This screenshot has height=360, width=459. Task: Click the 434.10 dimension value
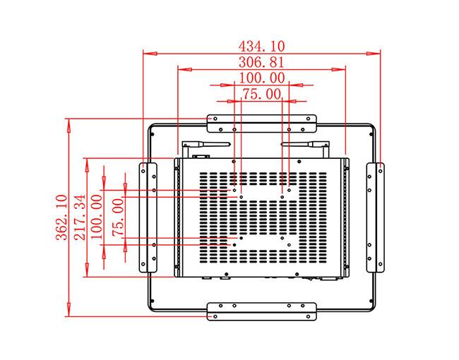(x=261, y=47)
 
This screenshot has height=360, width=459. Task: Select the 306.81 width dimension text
(x=261, y=63)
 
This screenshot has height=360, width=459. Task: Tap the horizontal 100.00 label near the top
(x=261, y=78)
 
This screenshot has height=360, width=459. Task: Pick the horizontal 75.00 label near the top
(x=261, y=94)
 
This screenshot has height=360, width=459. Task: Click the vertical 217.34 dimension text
(x=79, y=217)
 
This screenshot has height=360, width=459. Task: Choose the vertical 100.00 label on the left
(x=97, y=217)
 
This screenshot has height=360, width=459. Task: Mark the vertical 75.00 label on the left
(x=117, y=217)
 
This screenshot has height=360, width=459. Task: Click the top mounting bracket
(x=261, y=123)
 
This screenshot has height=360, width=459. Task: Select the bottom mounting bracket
(x=261, y=311)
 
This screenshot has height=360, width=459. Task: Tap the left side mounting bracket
(x=147, y=217)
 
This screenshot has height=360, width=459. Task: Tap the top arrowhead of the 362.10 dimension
(x=69, y=123)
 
